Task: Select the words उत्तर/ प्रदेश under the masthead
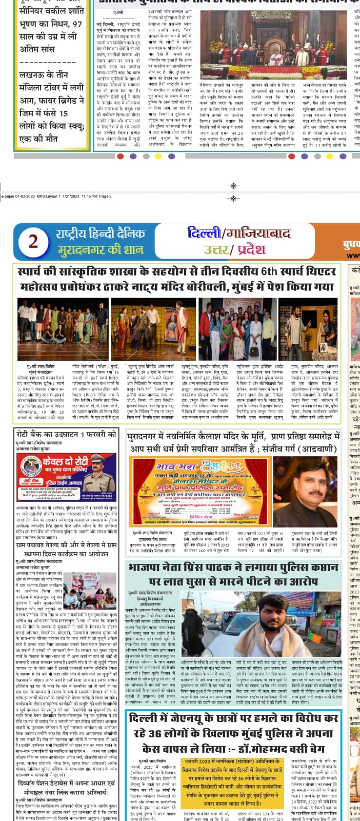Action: pos(234,250)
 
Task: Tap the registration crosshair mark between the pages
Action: pos(234,198)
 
